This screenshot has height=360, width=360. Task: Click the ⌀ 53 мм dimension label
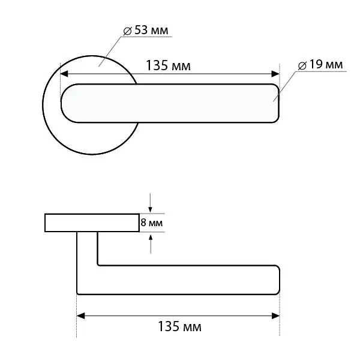click(146, 31)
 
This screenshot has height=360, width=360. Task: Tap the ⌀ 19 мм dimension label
click(320, 65)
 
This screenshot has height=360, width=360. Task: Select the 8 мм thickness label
click(152, 223)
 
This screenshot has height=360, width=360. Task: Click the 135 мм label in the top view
click(168, 65)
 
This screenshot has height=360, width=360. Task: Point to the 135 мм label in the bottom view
click(179, 326)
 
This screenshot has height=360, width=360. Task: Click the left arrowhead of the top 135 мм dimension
click(64, 74)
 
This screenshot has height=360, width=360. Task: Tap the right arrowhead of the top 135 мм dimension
click(275, 74)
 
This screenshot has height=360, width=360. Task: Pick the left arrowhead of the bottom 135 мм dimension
click(80, 316)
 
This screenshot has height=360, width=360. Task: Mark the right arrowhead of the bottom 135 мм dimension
click(275, 316)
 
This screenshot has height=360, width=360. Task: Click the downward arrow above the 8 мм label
click(150, 203)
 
